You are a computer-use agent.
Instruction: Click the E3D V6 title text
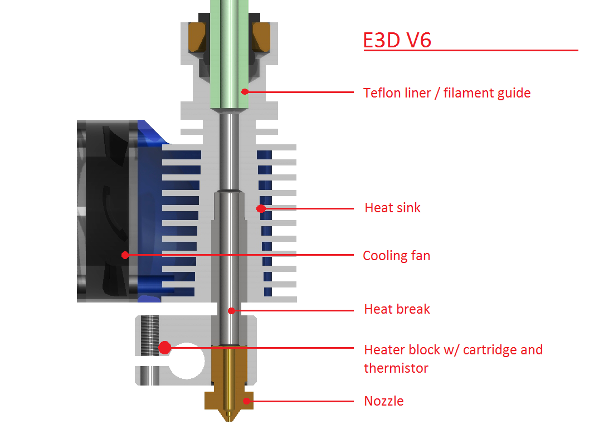point(397,40)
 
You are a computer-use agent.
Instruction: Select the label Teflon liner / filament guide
point(446,93)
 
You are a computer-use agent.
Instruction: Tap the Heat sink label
point(392,208)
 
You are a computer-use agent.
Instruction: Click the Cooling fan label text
point(396,256)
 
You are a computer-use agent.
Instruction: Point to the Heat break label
point(397,309)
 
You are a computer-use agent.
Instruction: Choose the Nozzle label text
point(383,401)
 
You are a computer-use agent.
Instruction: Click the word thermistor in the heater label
point(396,368)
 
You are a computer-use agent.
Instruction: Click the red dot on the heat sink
point(260,208)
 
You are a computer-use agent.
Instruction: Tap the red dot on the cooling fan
point(125,255)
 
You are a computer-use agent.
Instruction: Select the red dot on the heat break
point(231,310)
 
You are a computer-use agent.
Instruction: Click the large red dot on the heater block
point(164,348)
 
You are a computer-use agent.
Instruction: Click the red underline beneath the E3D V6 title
point(471,51)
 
